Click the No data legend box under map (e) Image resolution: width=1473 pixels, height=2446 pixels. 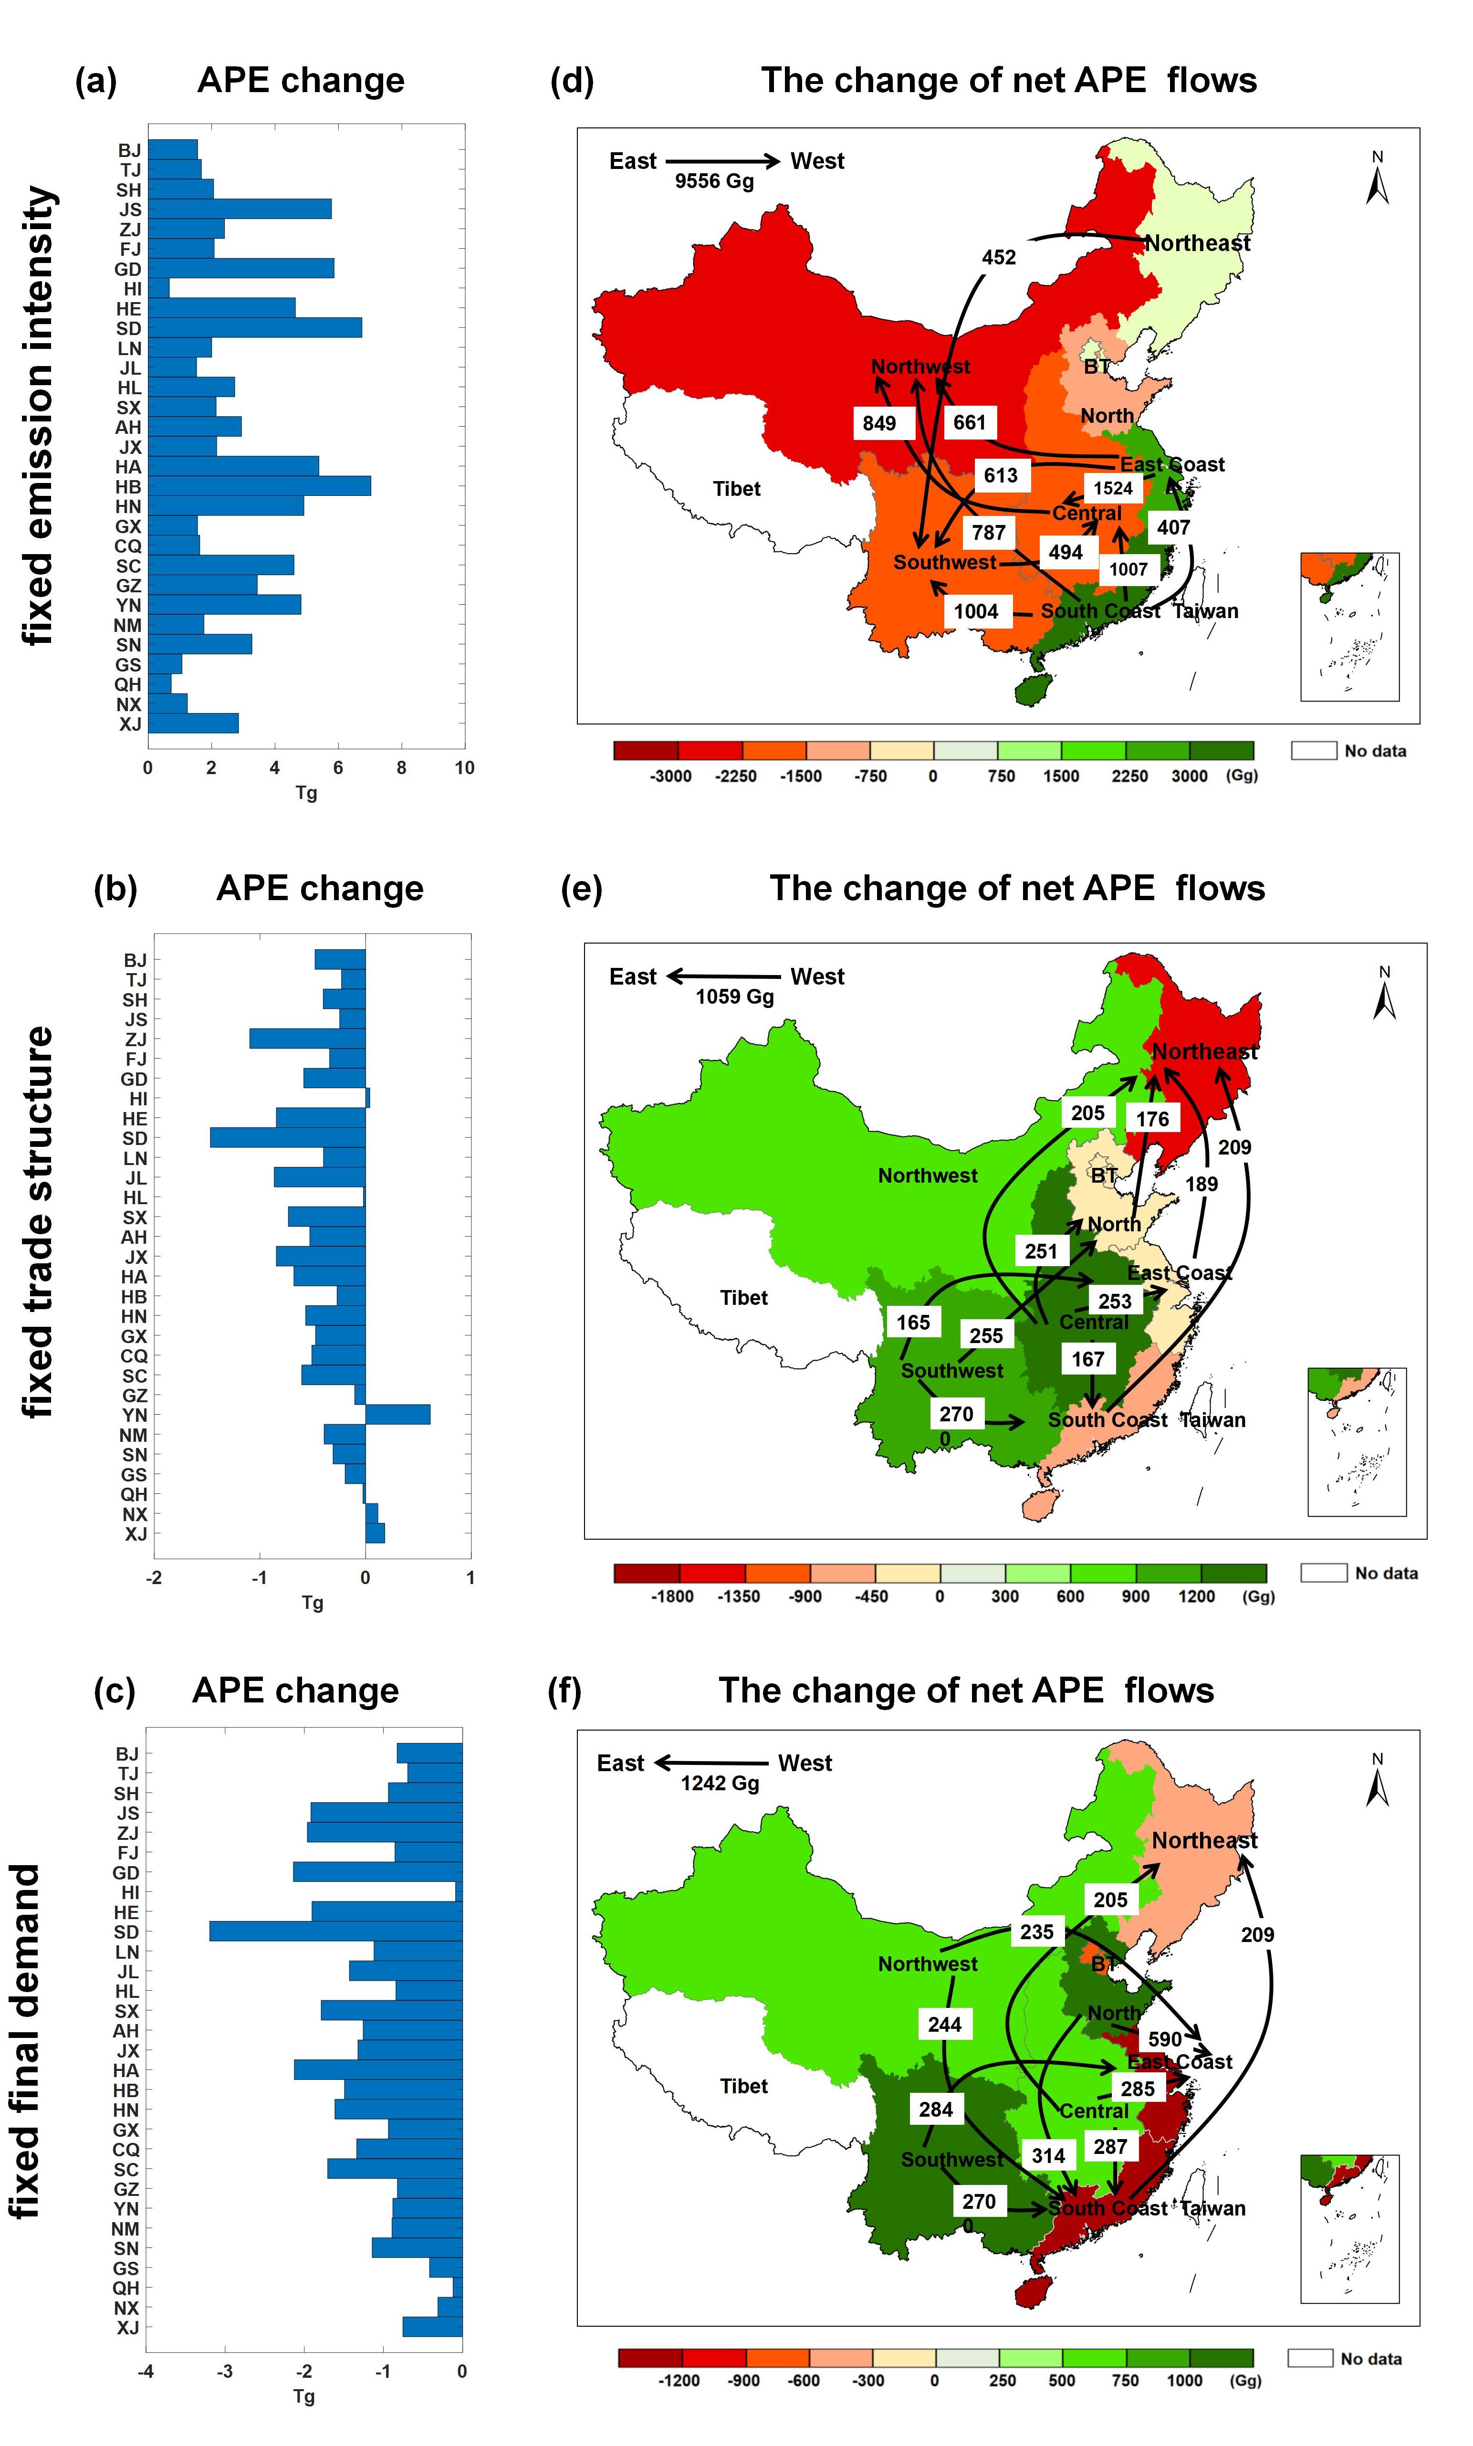coord(1323,1573)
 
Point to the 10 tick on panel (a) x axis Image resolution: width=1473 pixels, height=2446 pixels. coord(465,767)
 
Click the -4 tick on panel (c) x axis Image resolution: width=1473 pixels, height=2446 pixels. coord(146,2372)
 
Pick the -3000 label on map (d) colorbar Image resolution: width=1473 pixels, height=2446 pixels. coord(671,777)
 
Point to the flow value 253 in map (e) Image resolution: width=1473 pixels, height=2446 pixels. coord(1115,1301)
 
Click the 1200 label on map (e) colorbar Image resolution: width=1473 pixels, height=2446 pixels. coord(1196,1596)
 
